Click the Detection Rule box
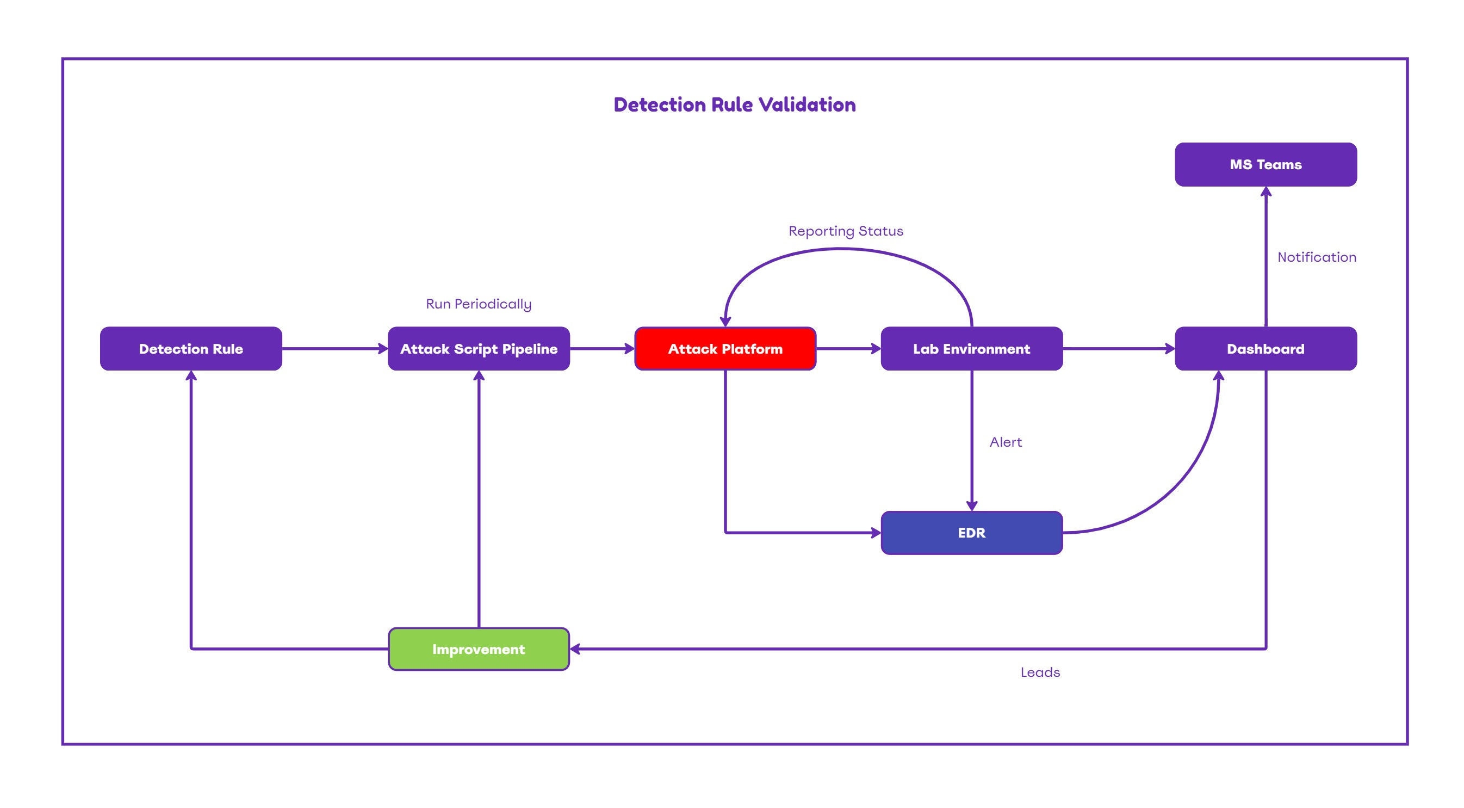pos(191,349)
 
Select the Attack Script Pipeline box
pos(479,349)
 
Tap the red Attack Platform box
pos(725,349)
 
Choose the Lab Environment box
pos(971,349)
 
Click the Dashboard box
pos(1266,349)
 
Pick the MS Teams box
pos(1266,164)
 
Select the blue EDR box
pos(971,533)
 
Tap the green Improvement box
pos(479,649)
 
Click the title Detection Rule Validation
pos(734,104)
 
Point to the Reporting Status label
pos(846,231)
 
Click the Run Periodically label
pos(479,304)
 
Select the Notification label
pos(1317,257)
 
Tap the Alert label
pos(1006,442)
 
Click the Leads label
pos(1040,672)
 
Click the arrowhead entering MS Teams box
pos(1266,192)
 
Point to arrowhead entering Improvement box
pos(575,649)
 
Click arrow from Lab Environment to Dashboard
pos(1119,349)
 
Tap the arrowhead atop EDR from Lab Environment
pos(971,505)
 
